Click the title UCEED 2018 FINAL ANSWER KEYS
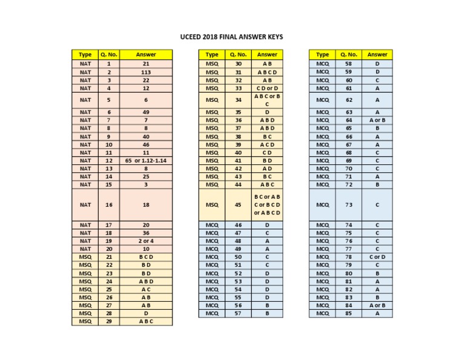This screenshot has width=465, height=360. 232,37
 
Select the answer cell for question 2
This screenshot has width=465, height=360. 146,72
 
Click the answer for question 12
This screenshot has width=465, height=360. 146,161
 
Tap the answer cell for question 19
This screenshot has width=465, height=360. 146,241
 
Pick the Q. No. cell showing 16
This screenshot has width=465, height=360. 109,205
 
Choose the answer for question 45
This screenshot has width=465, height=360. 267,205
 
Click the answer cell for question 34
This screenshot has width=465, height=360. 267,100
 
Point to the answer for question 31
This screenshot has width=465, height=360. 267,72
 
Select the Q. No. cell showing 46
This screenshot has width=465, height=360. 239,225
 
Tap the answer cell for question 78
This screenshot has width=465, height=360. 377,257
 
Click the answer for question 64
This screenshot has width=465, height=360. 377,120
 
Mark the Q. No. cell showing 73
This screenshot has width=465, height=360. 349,205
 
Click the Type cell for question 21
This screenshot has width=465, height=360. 85,257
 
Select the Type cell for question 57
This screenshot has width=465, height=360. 212,313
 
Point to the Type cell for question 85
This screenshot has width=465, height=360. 323,313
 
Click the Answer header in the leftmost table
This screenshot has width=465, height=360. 146,55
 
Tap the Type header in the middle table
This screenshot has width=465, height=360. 212,55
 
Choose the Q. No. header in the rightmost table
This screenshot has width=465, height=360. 349,55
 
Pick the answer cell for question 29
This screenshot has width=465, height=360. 146,321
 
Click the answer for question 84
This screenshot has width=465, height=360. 377,305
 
